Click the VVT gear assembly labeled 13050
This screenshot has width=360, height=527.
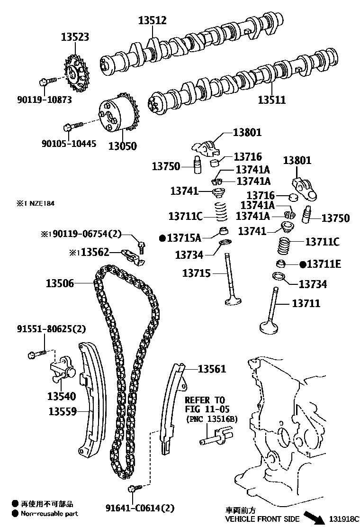click(117, 115)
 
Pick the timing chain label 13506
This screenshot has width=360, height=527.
click(60, 283)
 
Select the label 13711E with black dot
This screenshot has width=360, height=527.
click(320, 264)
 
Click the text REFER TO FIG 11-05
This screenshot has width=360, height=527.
click(205, 404)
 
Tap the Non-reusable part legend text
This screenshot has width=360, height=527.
click(49, 514)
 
